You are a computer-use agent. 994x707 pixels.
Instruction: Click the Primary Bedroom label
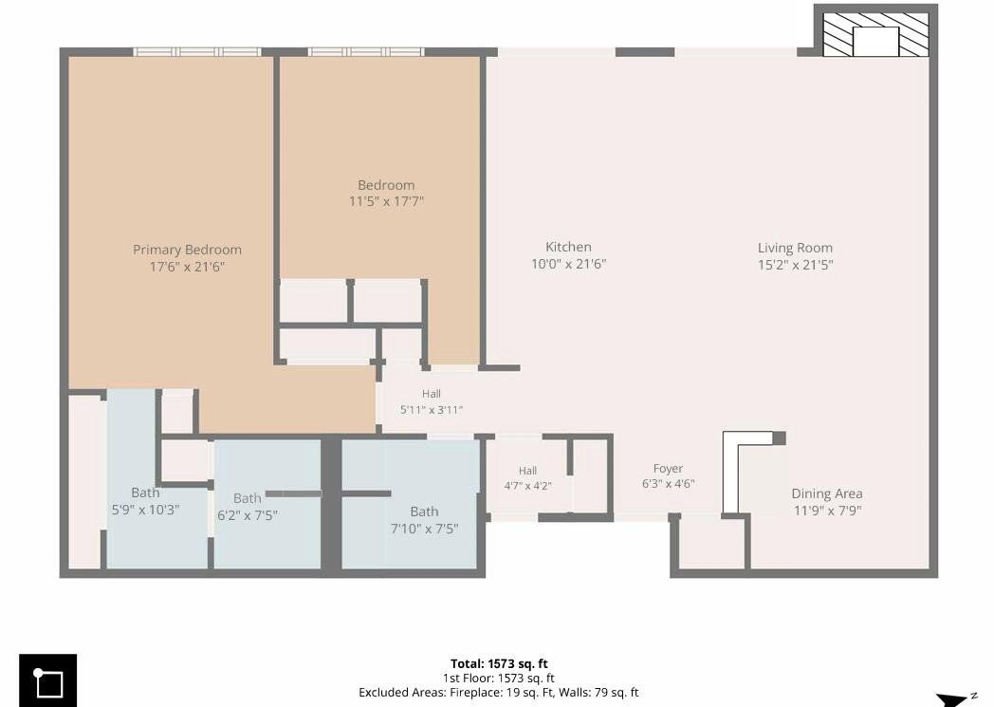187,250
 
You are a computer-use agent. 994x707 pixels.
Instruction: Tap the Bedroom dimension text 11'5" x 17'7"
387,201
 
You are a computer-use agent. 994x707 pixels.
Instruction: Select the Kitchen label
569,248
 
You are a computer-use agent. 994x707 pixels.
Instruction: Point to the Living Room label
795,248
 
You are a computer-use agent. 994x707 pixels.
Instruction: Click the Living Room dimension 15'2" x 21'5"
796,265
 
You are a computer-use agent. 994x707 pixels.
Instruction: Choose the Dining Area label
827,493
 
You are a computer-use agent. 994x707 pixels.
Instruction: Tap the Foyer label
668,469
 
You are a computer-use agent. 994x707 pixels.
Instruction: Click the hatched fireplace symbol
875,34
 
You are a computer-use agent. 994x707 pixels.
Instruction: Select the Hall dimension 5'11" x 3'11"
431,410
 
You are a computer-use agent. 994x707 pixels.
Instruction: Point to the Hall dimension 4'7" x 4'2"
527,486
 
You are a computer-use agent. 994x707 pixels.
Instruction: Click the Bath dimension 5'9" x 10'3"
146,510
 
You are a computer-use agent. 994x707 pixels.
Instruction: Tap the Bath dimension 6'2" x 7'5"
248,515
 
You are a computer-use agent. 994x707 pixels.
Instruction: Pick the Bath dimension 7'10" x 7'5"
424,529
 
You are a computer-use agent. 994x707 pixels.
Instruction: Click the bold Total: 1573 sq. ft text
499,664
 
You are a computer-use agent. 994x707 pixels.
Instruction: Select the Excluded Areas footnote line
498,693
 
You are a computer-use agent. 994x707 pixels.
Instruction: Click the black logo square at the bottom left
48,680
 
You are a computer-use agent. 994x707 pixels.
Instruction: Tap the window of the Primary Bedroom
197,52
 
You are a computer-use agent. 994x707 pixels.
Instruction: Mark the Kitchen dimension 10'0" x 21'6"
569,264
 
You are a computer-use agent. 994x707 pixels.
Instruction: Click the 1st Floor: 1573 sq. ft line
498,678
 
